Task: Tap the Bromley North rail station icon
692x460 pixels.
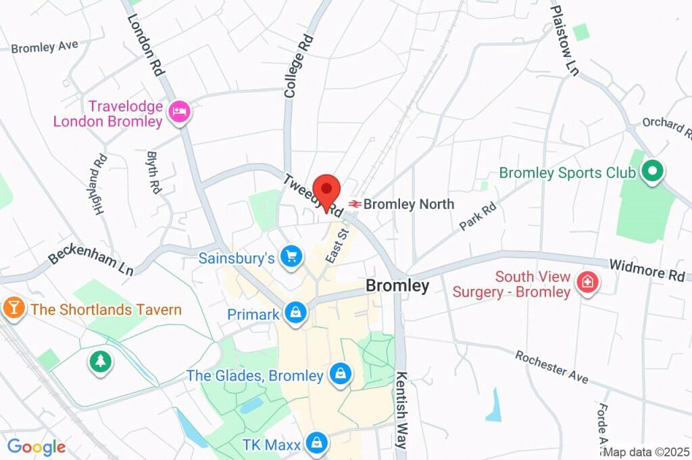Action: (x=354, y=204)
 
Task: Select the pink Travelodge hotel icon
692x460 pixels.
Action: (x=179, y=112)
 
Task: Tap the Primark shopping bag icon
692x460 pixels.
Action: (x=296, y=313)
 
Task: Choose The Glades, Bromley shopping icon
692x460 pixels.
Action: (x=340, y=374)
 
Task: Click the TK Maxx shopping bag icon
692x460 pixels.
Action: (x=315, y=444)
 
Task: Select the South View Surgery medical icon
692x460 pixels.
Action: (x=587, y=283)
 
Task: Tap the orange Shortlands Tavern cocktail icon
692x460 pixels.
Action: (x=12, y=308)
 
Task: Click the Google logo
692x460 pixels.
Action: (x=36, y=447)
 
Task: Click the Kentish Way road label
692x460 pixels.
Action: (x=402, y=410)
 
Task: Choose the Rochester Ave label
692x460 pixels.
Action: (x=551, y=367)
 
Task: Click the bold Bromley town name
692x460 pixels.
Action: (x=397, y=286)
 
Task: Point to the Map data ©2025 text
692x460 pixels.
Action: (x=646, y=452)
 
